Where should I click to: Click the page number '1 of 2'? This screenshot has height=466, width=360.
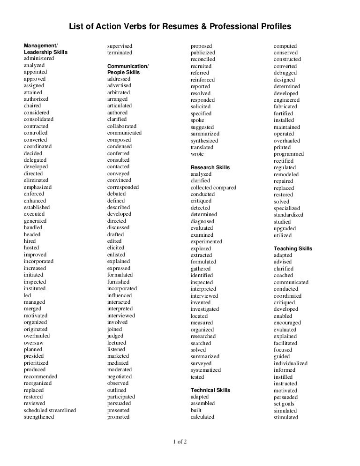180,441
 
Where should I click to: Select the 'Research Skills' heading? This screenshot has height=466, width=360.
210,167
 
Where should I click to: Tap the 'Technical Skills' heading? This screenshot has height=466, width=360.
210,390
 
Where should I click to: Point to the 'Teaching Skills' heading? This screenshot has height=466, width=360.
293,248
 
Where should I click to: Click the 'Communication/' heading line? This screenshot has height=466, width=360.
127,66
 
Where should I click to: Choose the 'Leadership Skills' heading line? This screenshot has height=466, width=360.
45,52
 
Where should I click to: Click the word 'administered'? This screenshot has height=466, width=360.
39,59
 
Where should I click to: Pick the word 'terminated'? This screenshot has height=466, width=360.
120,53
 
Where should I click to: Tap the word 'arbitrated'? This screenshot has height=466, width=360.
119,93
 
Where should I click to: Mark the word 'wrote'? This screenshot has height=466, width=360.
197,154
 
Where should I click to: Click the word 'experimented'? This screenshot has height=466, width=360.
206,241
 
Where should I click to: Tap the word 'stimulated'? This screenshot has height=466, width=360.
286,417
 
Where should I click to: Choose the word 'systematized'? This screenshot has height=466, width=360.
206,370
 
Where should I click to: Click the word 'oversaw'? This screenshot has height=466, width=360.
34,343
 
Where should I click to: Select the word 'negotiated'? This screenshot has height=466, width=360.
120,376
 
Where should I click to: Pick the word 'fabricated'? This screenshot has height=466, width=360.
285,107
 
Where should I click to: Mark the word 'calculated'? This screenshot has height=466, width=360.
202,417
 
